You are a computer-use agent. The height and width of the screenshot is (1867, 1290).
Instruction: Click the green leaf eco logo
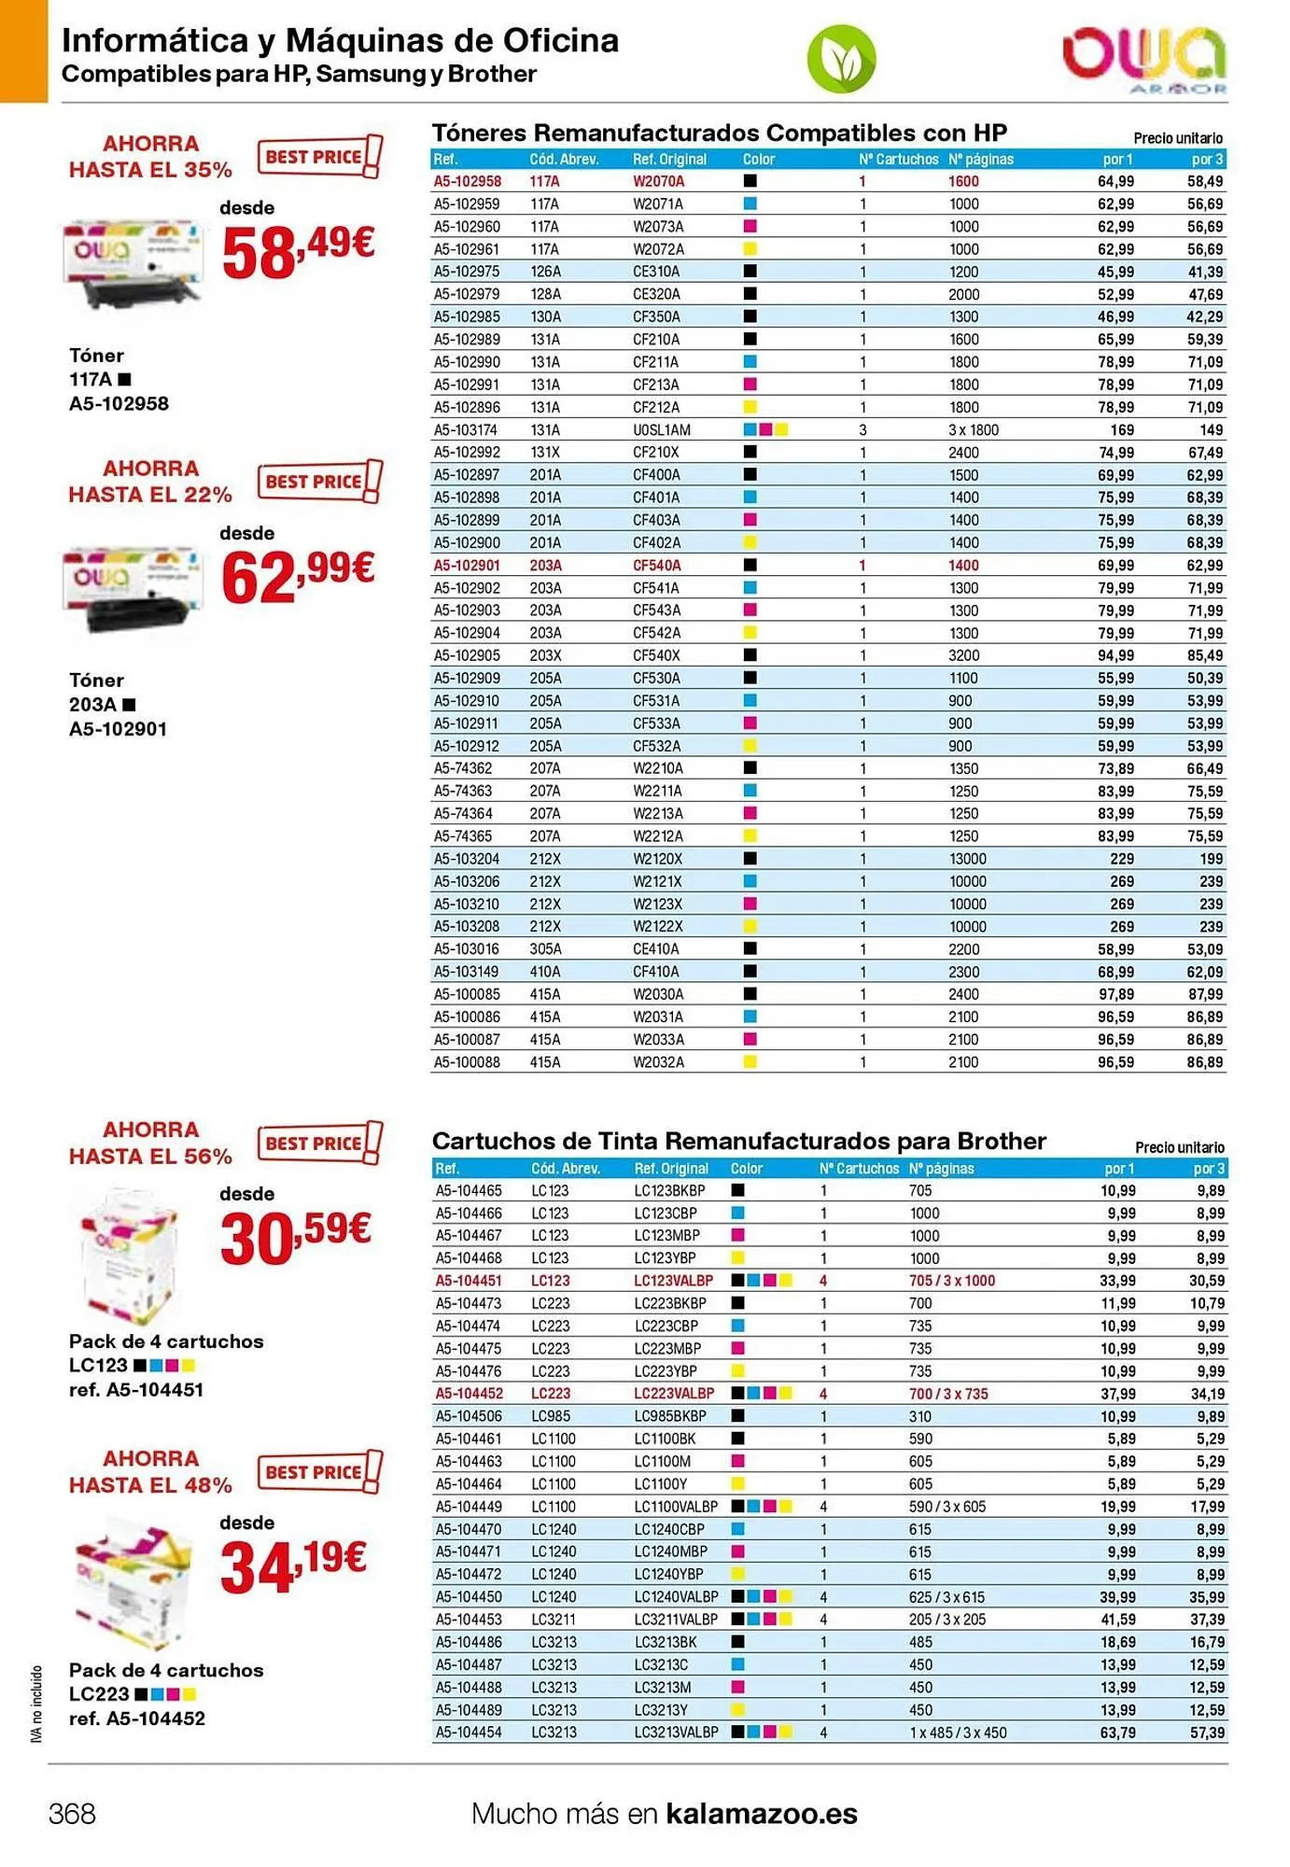coord(841,59)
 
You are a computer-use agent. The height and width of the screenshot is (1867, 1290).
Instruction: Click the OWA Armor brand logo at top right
coord(1144,58)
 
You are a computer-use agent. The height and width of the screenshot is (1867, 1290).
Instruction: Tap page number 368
coord(72,1813)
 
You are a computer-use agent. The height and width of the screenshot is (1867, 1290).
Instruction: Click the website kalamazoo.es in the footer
coord(761,1813)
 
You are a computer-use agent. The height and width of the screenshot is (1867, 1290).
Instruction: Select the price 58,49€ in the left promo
coord(298,251)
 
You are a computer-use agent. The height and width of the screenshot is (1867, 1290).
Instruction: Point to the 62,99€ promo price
coord(298,576)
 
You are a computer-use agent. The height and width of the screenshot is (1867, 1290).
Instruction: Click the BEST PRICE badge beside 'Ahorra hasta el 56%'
coord(319,1143)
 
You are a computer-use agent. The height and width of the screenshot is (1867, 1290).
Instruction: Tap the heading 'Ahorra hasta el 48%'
coord(150,1471)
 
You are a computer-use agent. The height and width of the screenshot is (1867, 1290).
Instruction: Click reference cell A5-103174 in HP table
coord(466,430)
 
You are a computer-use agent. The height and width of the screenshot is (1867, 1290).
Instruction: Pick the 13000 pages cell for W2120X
coord(967,859)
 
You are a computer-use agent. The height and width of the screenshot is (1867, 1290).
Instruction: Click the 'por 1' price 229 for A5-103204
coord(1121,859)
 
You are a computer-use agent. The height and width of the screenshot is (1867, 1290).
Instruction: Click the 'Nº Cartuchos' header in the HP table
coord(898,160)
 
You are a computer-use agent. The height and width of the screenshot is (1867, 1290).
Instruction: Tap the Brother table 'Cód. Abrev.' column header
coord(566,1168)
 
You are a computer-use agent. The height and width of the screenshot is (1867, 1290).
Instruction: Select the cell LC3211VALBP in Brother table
coord(676,1620)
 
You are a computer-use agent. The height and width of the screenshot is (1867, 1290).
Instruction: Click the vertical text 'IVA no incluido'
coord(37,1704)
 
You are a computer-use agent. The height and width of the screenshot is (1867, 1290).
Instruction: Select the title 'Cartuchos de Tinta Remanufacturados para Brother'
coord(738,1141)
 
